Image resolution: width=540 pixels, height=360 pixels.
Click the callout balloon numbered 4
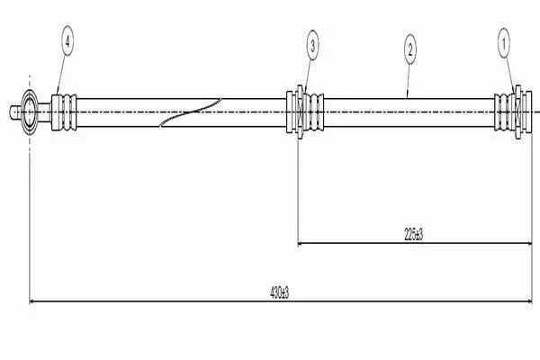click(x=67, y=41)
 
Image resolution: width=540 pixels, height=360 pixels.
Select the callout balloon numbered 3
click(x=312, y=45)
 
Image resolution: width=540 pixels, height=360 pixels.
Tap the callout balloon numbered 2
click(x=410, y=50)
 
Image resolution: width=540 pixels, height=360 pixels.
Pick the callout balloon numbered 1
click(x=503, y=43)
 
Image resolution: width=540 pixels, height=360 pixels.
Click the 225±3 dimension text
click(x=413, y=235)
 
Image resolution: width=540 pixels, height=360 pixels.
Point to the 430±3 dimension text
click(x=279, y=292)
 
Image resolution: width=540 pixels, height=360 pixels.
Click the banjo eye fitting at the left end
click(x=29, y=112)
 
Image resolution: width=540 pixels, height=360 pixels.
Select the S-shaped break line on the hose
click(x=190, y=112)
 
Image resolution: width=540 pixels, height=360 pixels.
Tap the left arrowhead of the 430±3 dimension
click(x=32, y=301)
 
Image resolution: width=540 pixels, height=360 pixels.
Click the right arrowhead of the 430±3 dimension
click(x=529, y=301)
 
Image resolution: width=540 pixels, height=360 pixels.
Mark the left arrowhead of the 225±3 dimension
click(x=301, y=243)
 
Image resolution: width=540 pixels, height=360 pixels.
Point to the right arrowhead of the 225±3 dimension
click(x=529, y=243)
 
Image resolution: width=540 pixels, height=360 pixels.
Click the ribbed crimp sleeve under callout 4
click(x=64, y=112)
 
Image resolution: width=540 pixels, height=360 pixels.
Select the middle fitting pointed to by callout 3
click(x=305, y=112)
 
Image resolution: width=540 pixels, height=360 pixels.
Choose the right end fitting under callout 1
click(x=513, y=112)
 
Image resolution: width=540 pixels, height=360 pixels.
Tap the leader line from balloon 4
click(x=61, y=75)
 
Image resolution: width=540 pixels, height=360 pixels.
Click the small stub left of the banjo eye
click(x=15, y=112)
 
